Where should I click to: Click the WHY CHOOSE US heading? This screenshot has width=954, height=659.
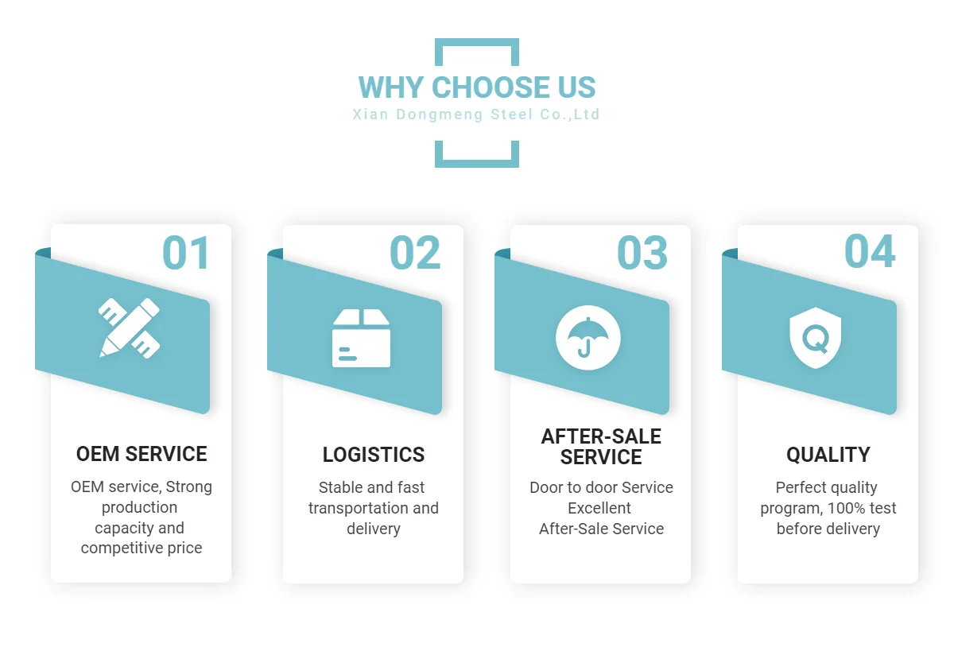[476, 87]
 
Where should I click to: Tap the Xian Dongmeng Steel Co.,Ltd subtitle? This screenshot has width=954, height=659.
[476, 114]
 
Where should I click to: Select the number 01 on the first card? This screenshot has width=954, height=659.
[186, 253]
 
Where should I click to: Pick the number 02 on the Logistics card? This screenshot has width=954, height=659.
[415, 253]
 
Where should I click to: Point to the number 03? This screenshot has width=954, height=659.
[642, 253]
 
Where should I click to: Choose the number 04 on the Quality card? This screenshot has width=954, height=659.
[870, 251]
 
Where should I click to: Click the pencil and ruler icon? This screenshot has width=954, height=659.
[130, 328]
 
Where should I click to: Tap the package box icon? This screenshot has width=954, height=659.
[361, 338]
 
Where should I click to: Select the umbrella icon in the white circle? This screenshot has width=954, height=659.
[588, 338]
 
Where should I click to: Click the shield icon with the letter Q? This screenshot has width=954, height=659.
[815, 338]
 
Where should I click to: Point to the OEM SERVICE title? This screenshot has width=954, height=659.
[142, 454]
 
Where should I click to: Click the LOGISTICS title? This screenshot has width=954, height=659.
[374, 455]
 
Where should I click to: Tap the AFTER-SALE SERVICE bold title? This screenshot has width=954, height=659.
[601, 447]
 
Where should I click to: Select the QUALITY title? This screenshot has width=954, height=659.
[828, 455]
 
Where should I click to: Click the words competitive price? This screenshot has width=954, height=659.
[142, 549]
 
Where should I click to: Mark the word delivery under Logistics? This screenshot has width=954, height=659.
[374, 529]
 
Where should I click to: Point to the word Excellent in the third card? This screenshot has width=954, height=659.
[599, 508]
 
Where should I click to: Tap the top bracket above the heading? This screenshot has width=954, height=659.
[476, 43]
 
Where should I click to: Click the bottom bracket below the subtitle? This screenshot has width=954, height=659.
[476, 164]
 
